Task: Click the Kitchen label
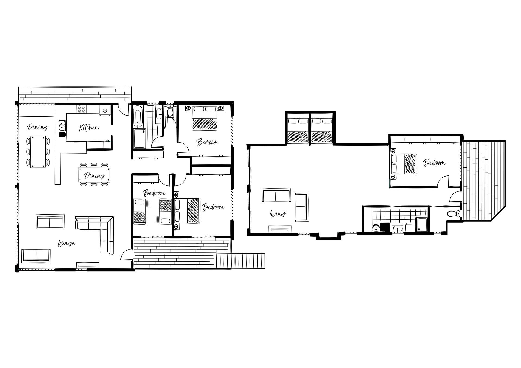pos(89,127)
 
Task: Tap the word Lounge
pos(66,243)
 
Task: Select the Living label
pos(278,214)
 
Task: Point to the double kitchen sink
pos(62,126)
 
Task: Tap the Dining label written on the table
pos(94,176)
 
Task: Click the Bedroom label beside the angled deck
pos(434,163)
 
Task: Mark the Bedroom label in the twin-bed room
pos(154,193)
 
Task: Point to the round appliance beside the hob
pos(105,110)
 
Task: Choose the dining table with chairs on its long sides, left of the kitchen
pos(38,152)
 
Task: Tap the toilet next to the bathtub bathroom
pos(170,111)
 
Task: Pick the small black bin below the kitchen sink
pos(62,135)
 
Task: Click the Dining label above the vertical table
pos(38,127)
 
